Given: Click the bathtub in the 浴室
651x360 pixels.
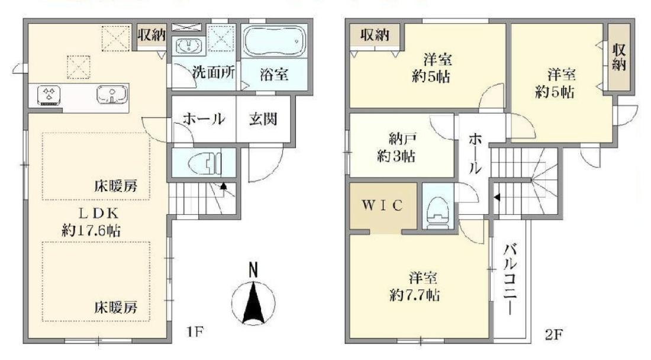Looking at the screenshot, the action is click(274, 41).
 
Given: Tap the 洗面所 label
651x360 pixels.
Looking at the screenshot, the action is click(214, 73).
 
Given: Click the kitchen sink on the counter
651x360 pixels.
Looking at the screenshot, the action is click(112, 94).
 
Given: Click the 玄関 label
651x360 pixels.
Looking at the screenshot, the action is click(263, 119).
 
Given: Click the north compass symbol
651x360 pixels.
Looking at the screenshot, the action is click(253, 295).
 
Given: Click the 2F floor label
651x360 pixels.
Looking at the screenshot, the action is click(553, 333).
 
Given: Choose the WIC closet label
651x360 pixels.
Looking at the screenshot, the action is click(382, 205).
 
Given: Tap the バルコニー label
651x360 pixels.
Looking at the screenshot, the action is click(510, 279).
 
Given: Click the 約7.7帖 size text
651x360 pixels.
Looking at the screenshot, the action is click(415, 295).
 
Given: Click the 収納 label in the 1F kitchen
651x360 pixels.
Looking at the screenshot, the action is click(152, 35).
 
